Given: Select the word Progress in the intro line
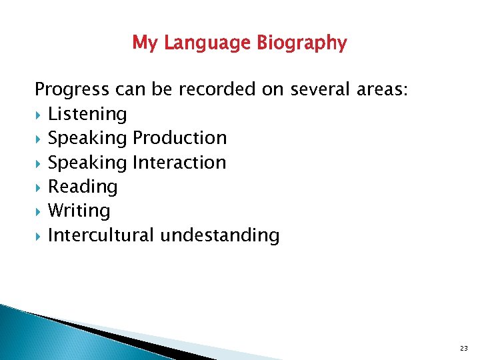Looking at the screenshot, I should pyautogui.click(x=71, y=89).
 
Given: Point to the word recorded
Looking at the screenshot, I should pyautogui.click(x=214, y=89).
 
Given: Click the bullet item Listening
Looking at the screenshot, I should pyautogui.click(x=87, y=114).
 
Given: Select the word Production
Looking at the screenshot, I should pyautogui.click(x=180, y=138).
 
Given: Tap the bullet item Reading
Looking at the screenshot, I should pyautogui.click(x=83, y=187).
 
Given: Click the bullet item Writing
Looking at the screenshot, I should pyautogui.click(x=79, y=211).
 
